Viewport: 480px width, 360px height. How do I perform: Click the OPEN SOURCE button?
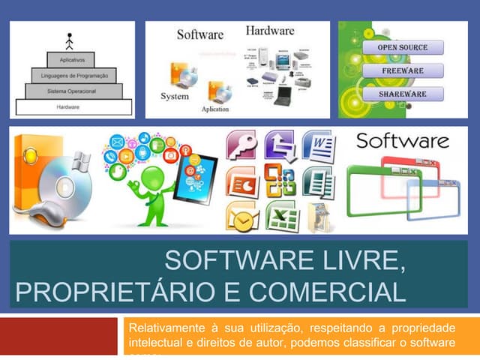click(403, 47)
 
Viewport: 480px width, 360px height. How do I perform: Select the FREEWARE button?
click(403, 70)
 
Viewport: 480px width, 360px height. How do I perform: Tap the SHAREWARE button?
click(403, 94)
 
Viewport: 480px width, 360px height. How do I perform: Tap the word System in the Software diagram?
click(174, 97)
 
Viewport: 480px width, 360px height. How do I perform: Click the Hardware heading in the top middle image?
click(269, 31)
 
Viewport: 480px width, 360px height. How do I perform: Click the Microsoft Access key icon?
click(241, 145)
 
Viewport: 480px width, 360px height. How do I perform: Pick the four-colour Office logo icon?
click(280, 181)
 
